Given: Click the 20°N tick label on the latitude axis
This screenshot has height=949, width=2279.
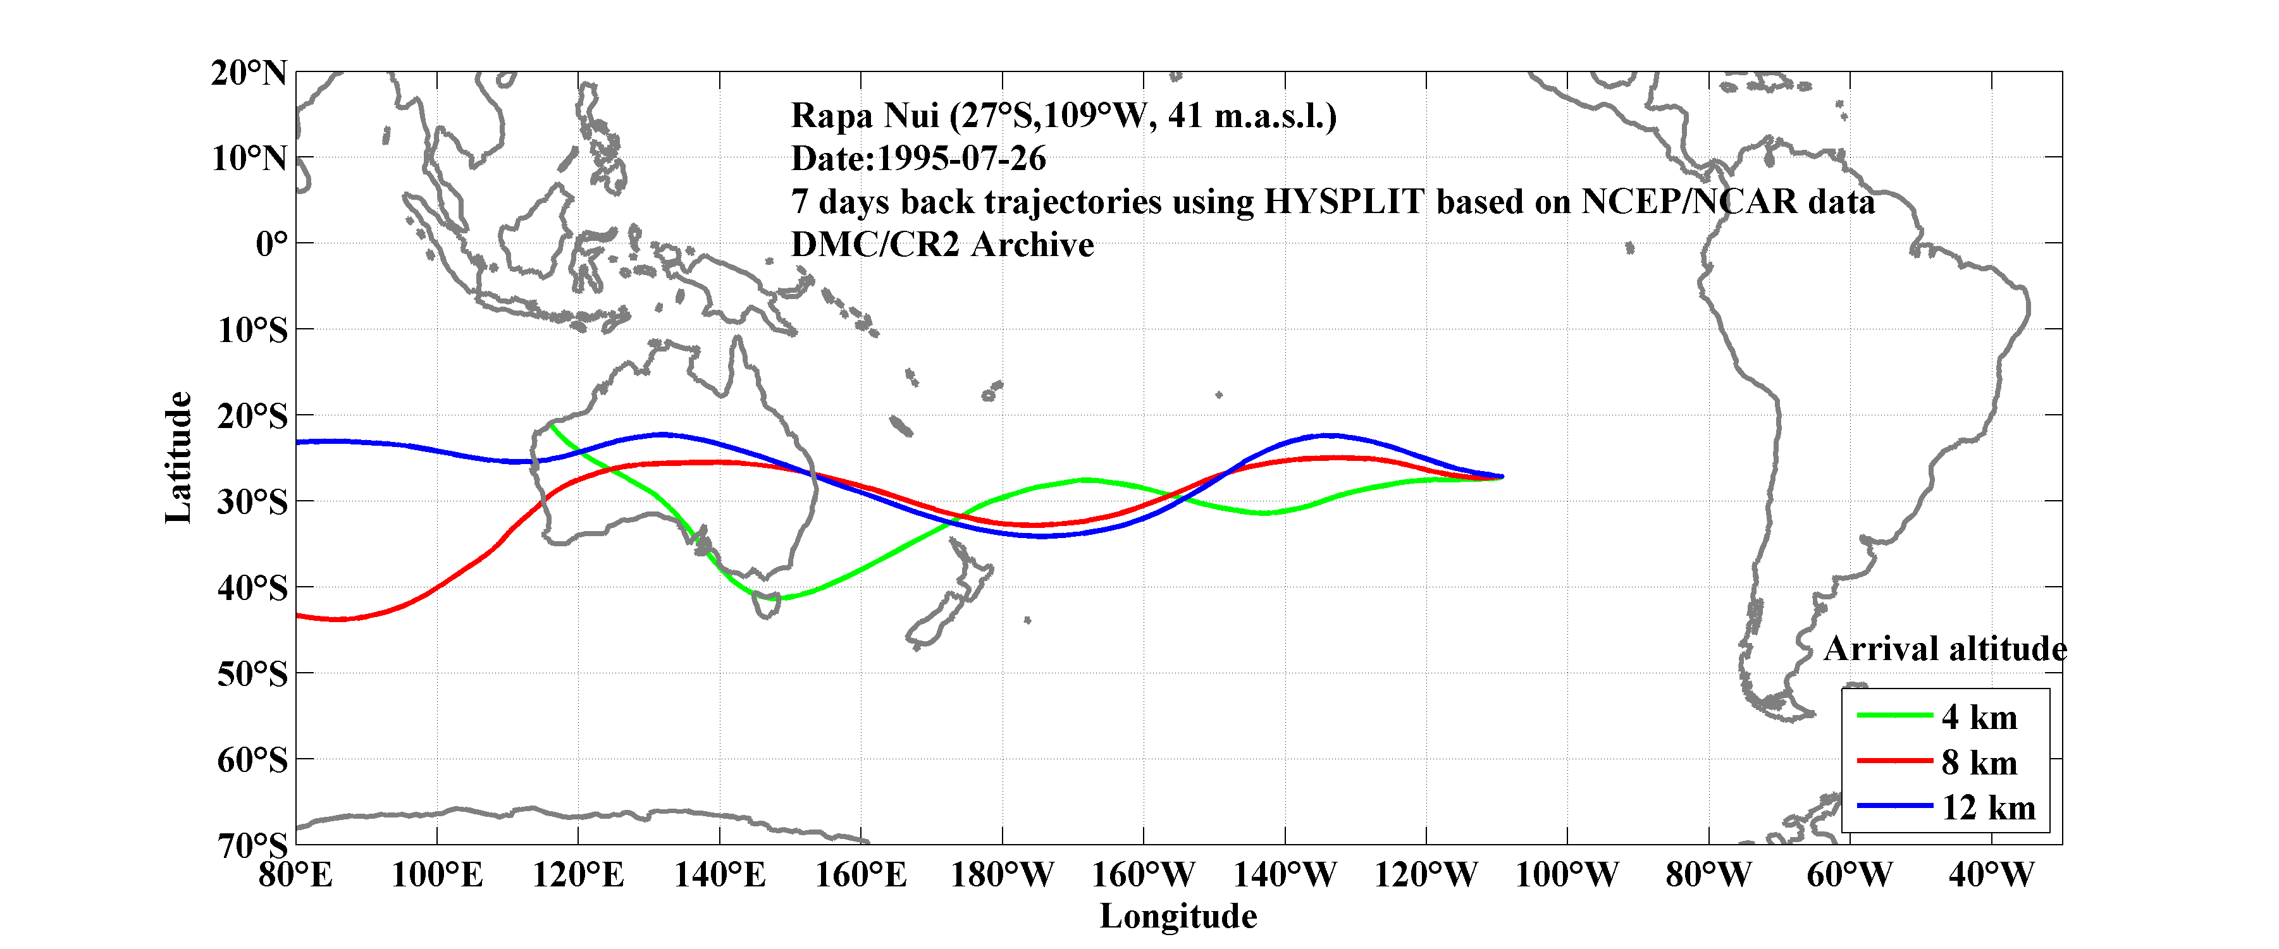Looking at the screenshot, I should pos(249,73).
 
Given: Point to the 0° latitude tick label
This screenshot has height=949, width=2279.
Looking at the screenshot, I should pos(271,243).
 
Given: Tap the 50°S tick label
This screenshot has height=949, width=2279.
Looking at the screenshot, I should pos(252,674).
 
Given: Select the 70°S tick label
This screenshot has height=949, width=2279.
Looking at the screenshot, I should pos(252,845).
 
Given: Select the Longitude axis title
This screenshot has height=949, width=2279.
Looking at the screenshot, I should pos(1178,916).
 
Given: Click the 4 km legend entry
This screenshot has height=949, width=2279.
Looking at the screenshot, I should pos(1979,717).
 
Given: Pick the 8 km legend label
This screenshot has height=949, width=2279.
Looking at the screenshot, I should pos(1979,762).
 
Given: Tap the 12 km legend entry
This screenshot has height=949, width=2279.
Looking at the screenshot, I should pos(1988,807).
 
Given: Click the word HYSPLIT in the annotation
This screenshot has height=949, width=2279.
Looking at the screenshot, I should pos(1343,202).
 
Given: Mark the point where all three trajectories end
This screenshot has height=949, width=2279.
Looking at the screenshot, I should pos(1502,477).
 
